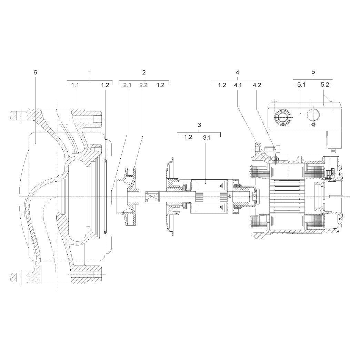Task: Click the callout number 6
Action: pyautogui.click(x=35, y=72)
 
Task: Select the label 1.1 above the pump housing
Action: pyautogui.click(x=75, y=85)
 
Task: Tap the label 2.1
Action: pyautogui.click(x=127, y=85)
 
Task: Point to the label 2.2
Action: pyautogui.click(x=143, y=85)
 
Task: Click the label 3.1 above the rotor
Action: pyautogui.click(x=207, y=138)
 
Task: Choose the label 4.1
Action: pyautogui.click(x=238, y=85)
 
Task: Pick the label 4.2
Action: pyautogui.click(x=257, y=85)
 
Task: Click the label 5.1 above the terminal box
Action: pyautogui.click(x=301, y=85)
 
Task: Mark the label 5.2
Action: pyautogui.click(x=325, y=85)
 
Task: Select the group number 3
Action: pyautogui.click(x=199, y=125)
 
